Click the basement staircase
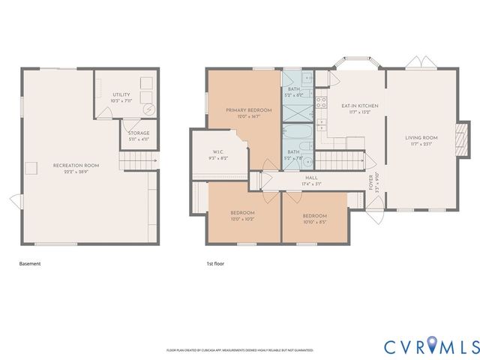pyautogui.click(x=136, y=160)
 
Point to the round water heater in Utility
pyautogui.click(x=150, y=109)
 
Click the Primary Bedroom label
pyautogui.click(x=249, y=112)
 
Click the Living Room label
pyautogui.click(x=421, y=140)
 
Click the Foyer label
pyautogui.click(x=370, y=182)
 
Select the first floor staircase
pyautogui.click(x=341, y=160)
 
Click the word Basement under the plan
pyautogui.click(x=29, y=264)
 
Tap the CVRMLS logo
pyautogui.click(x=431, y=346)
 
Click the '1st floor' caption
pyautogui.click(x=215, y=264)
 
